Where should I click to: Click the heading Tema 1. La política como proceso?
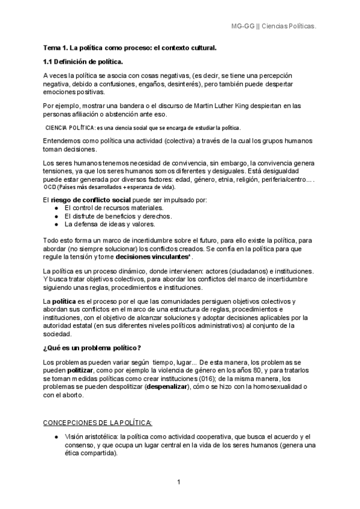pyautogui.click(x=130, y=47)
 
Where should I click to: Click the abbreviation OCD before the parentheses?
pyautogui.click(x=50, y=187)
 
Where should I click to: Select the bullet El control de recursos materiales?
pyautogui.click(x=113, y=207)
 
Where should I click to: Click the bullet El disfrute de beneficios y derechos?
pyautogui.click(x=118, y=215)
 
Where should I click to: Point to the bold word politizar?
pyautogui.click(x=85, y=371)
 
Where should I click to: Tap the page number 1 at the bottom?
pyautogui.click(x=179, y=482)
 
